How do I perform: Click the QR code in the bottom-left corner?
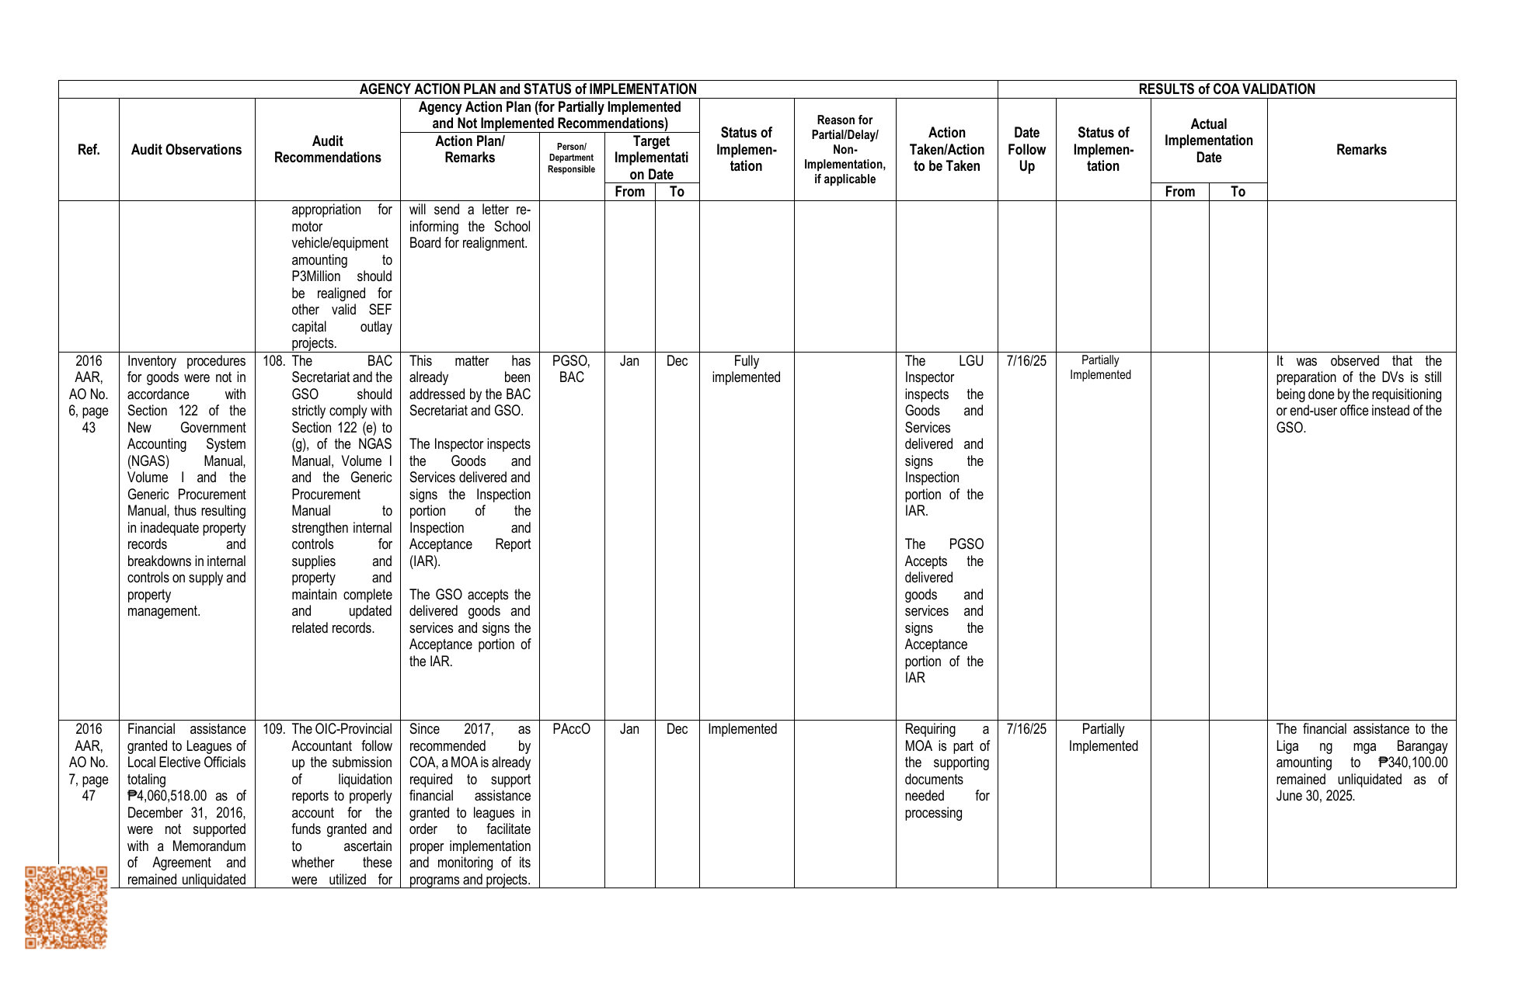pyautogui.click(x=66, y=907)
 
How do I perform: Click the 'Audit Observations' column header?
pyautogui.click(x=186, y=150)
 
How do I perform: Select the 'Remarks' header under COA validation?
pyautogui.click(x=1360, y=150)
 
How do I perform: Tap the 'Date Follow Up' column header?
pyautogui.click(x=1026, y=149)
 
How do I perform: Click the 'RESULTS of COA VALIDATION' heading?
pyautogui.click(x=1226, y=89)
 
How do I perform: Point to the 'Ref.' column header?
pyautogui.click(x=89, y=150)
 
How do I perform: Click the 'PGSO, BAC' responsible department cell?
pyautogui.click(x=571, y=369)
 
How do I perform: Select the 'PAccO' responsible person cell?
pyautogui.click(x=571, y=729)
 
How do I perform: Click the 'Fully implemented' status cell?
pyautogui.click(x=746, y=369)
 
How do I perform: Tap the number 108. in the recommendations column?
pyautogui.click(x=273, y=361)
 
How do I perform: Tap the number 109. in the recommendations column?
pyautogui.click(x=273, y=729)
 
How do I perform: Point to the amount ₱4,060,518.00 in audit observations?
pyautogui.click(x=167, y=796)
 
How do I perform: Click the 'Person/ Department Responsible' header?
pyautogui.click(x=571, y=158)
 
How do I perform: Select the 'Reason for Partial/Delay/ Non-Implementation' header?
pyautogui.click(x=845, y=149)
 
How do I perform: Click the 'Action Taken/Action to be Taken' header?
pyautogui.click(x=946, y=149)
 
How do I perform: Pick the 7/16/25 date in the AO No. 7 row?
pyautogui.click(x=1026, y=729)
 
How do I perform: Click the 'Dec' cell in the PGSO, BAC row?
pyautogui.click(x=677, y=361)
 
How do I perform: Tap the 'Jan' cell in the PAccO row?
pyautogui.click(x=629, y=729)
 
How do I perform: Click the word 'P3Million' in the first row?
pyautogui.click(x=316, y=276)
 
